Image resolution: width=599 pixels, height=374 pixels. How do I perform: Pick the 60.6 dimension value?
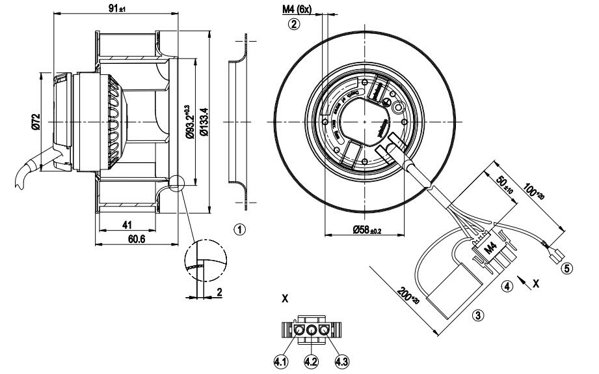136,240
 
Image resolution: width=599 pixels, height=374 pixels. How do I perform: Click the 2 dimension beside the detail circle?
220,293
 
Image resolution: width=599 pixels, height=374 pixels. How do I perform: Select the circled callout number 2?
294,25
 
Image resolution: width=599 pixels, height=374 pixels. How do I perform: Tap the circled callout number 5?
567,268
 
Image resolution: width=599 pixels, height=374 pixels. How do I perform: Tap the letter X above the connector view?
285,299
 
